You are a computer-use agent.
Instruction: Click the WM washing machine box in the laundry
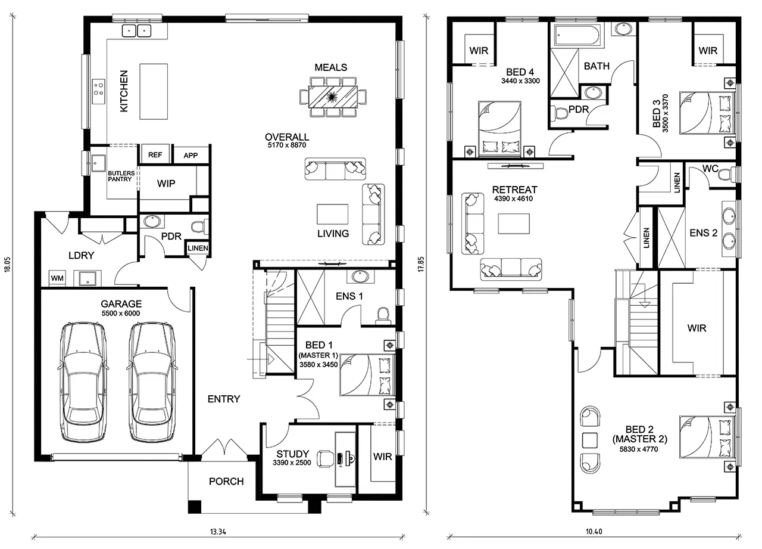(57, 278)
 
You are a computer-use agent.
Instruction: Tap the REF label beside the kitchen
(155, 155)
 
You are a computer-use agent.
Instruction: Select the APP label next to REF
(190, 156)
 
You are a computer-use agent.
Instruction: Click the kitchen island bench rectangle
(154, 92)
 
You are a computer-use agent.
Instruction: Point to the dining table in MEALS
(333, 97)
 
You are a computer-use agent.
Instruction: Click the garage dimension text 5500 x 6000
(121, 314)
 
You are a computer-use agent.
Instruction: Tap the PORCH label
(226, 481)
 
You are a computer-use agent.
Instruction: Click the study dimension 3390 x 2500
(292, 463)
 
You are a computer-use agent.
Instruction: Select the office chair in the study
(326, 458)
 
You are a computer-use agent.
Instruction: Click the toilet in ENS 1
(383, 315)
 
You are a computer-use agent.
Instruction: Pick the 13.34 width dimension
(218, 532)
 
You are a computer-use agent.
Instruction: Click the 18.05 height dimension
(8, 264)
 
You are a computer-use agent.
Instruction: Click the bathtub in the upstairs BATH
(577, 35)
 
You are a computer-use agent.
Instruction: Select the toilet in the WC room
(726, 175)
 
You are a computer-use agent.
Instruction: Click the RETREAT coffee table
(514, 224)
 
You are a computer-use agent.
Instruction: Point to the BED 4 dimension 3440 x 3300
(520, 81)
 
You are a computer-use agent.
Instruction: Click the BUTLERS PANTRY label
(121, 176)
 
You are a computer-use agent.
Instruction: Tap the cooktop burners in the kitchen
(99, 92)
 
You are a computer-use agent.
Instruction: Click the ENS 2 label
(703, 233)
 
